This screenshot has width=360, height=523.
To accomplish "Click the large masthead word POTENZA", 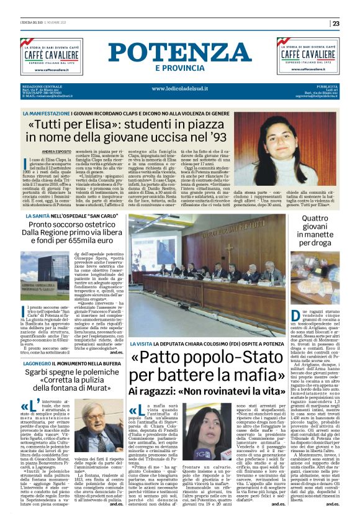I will [179, 53].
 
